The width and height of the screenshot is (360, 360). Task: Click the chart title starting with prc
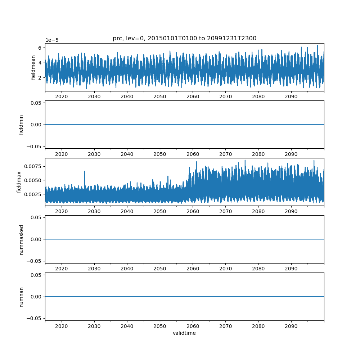click(x=184, y=39)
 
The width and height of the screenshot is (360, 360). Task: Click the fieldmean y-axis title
click(x=33, y=67)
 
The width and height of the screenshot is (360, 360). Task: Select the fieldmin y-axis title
click(x=21, y=125)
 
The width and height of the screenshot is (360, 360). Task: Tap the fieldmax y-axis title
click(x=19, y=182)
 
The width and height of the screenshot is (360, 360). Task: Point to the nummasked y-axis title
click(x=21, y=239)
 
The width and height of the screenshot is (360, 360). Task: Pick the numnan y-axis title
click(x=21, y=297)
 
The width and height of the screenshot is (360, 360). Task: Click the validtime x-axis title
click(x=184, y=333)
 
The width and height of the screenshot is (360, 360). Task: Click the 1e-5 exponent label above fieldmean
click(x=52, y=40)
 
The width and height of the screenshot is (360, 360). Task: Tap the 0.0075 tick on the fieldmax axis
click(x=35, y=166)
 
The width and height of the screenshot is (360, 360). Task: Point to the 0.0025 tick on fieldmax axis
click(x=35, y=194)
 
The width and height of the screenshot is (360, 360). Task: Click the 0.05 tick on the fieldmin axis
click(x=37, y=103)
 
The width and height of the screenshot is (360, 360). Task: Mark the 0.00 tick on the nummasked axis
click(x=37, y=239)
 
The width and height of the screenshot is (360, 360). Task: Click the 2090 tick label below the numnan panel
click(x=291, y=326)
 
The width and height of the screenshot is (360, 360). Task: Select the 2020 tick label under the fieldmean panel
click(x=62, y=97)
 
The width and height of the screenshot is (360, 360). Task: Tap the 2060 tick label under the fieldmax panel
click(x=193, y=211)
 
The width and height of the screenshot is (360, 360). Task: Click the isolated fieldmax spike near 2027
click(x=84, y=172)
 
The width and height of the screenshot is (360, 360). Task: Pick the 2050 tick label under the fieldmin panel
click(x=160, y=154)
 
